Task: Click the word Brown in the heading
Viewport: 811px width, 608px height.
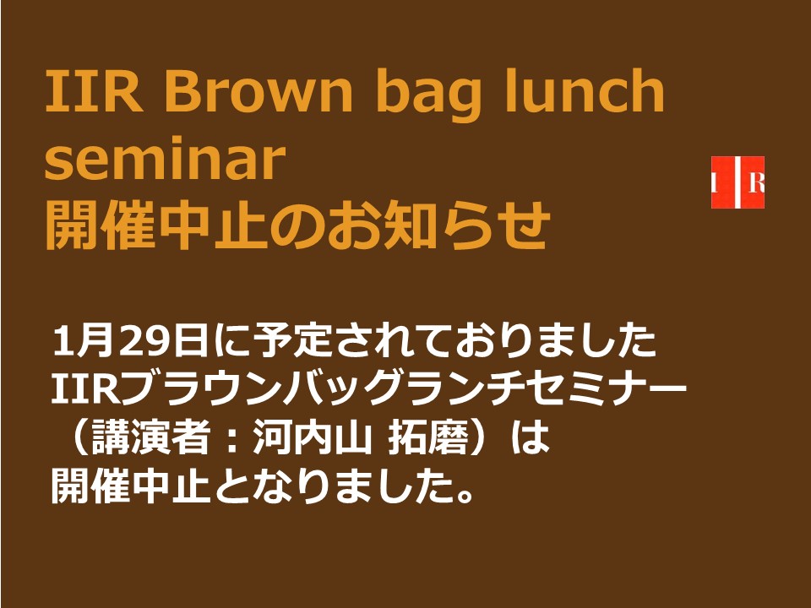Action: point(259,91)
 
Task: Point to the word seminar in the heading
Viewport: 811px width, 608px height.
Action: point(165,157)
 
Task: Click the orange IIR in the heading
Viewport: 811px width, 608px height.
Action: point(94,91)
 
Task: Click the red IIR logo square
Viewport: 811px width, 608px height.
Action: point(738,182)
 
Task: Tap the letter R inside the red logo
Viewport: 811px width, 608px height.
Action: point(756,183)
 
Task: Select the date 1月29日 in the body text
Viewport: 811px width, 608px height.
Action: point(130,341)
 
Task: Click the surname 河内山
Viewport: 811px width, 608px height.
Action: point(312,438)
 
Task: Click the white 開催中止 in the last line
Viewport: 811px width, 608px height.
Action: point(130,486)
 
